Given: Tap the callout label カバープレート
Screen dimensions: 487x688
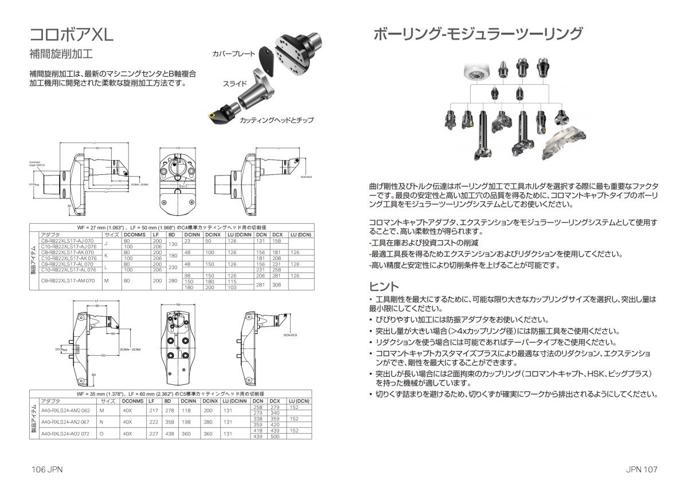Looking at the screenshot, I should pyautogui.click(x=234, y=53).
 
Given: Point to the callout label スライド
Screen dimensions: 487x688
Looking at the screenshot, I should pyautogui.click(x=235, y=84).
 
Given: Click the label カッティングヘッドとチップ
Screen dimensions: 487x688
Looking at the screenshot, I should pyautogui.click(x=276, y=120).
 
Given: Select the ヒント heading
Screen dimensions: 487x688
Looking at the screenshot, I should pyautogui.click(x=384, y=286).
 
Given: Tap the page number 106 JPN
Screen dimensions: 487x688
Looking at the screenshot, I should pyautogui.click(x=47, y=469).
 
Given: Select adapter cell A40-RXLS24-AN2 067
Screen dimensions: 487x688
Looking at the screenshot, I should pyautogui.click(x=65, y=422).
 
